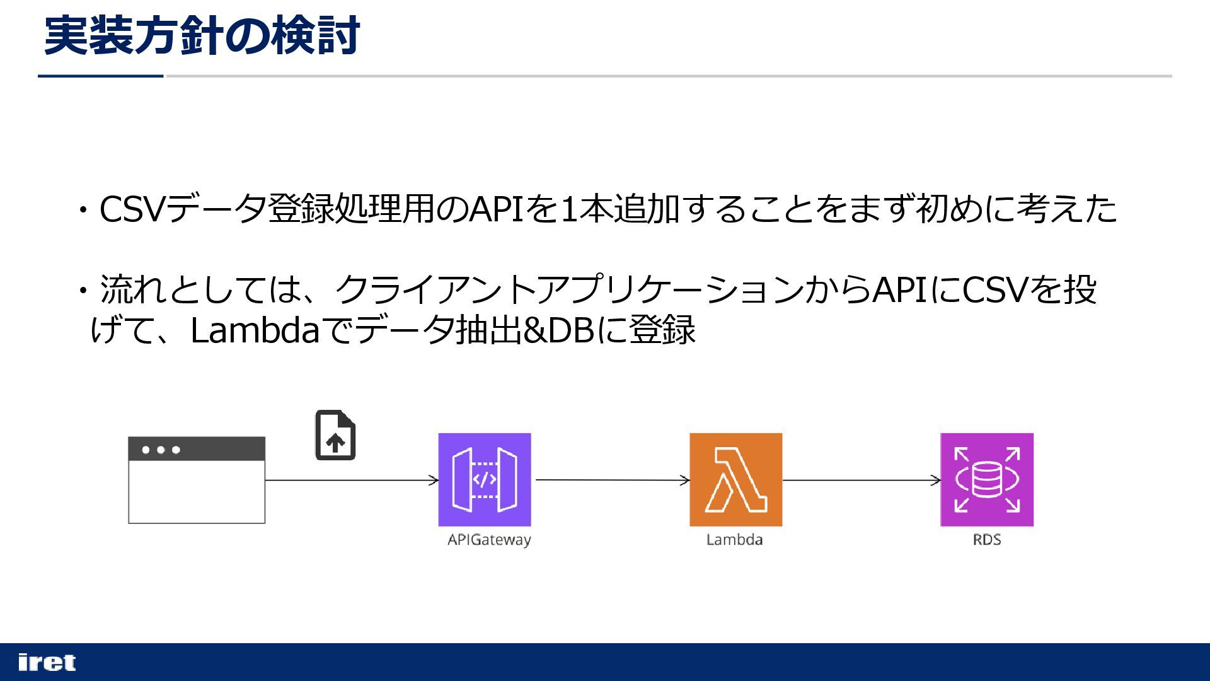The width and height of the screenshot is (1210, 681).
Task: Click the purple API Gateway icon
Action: pos(484,479)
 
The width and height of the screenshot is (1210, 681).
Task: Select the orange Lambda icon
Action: pos(735,479)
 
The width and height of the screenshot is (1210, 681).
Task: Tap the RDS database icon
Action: pos(986,479)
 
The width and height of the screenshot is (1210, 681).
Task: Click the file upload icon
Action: pos(335,435)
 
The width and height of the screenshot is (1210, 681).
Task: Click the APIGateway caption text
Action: pos(489,540)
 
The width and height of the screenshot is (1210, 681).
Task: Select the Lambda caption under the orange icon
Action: pos(734,540)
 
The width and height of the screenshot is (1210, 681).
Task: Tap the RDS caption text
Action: pos(986,540)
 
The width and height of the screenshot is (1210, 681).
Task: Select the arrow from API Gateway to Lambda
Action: pos(611,480)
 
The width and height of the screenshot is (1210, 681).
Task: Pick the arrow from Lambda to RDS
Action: pos(861,480)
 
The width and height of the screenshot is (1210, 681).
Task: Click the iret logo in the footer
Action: pos(47,662)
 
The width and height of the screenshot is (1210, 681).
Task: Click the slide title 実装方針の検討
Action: pos(202,36)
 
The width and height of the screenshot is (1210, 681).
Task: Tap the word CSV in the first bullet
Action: pos(133,209)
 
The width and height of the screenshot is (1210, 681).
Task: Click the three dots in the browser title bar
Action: pos(161,450)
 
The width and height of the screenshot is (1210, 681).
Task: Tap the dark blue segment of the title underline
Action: pos(101,76)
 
